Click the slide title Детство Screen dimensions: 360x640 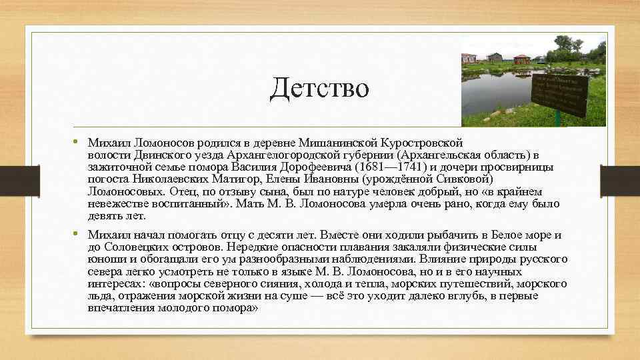pyautogui.click(x=319, y=88)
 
